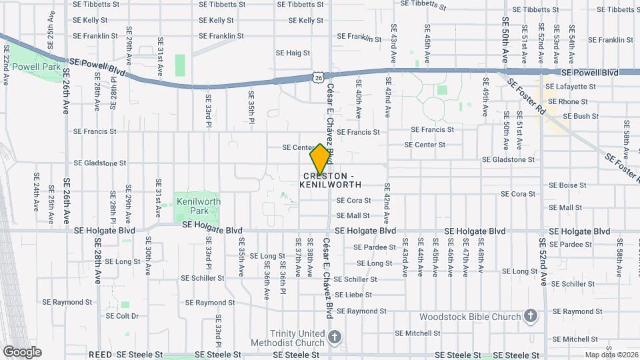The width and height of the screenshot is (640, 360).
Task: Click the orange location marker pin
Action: (321, 159)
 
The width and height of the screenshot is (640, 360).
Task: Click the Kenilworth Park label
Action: (197, 205)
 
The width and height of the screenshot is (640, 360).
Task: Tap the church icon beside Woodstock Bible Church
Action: (530, 316)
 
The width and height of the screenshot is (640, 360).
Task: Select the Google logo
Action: (21, 352)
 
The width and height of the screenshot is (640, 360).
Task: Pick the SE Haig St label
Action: (293, 53)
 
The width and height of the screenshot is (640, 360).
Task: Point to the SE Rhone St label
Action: (569, 101)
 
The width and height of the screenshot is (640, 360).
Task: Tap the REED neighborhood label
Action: (100, 355)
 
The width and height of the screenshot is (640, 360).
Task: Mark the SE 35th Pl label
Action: (251, 107)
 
